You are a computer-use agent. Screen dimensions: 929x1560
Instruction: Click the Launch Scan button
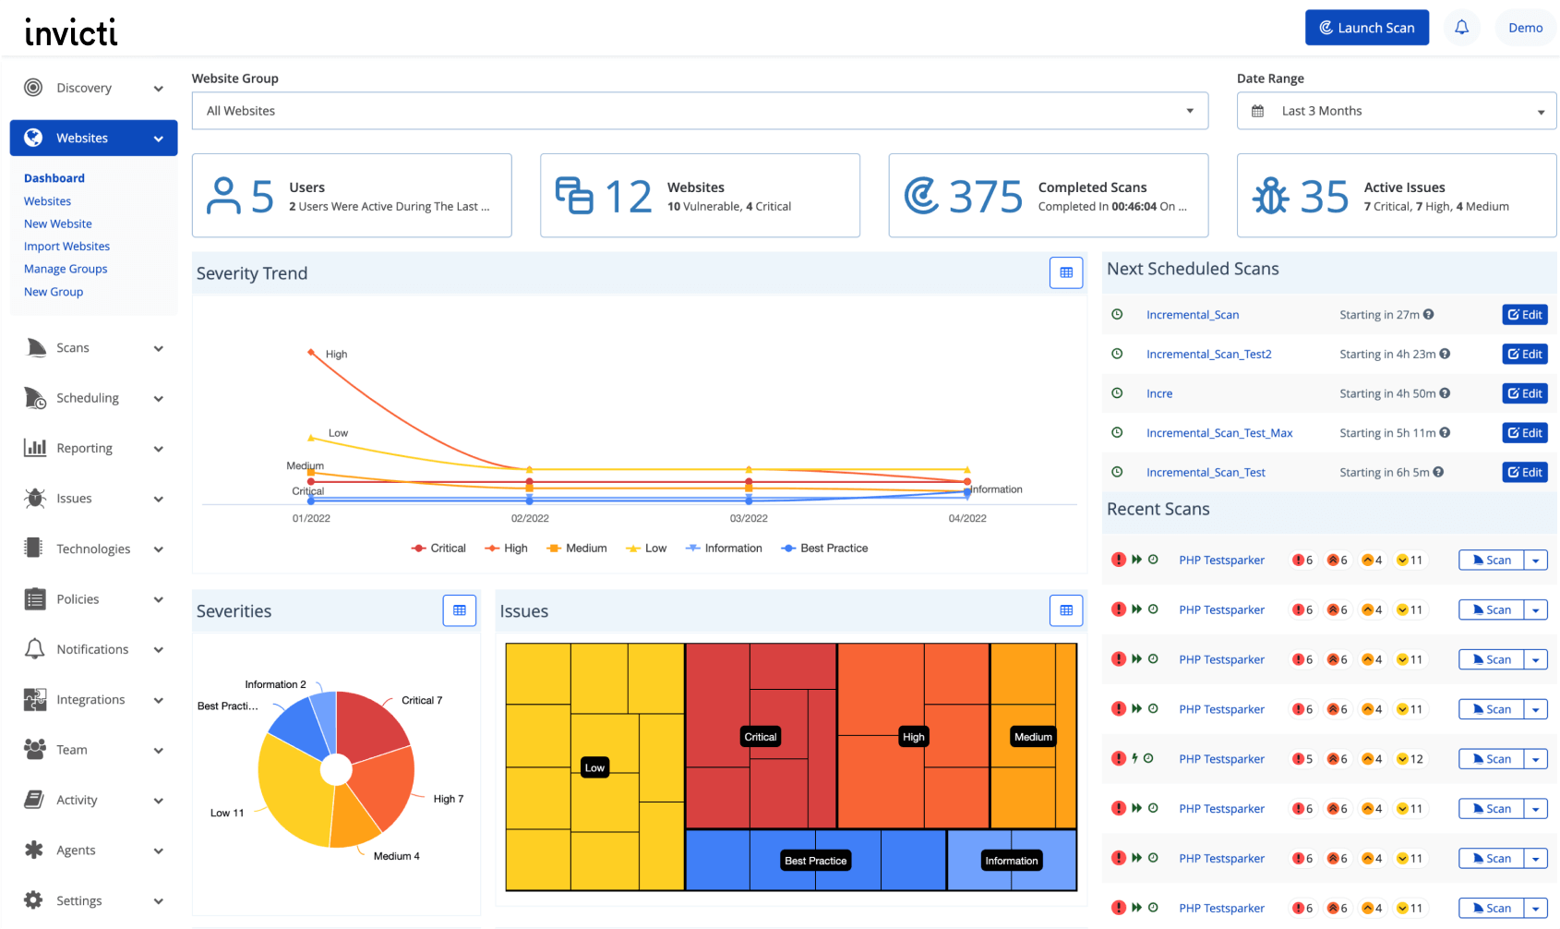click(1366, 28)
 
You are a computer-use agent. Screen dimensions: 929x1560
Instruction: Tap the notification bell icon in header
click(1461, 28)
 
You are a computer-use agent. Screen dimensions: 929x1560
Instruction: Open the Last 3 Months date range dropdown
click(1396, 111)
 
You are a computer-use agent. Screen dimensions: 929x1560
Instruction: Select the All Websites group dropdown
click(699, 111)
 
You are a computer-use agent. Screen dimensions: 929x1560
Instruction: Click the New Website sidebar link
click(58, 223)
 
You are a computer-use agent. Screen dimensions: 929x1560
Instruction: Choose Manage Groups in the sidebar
click(66, 269)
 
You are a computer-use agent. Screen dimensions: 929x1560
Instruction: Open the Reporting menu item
click(84, 448)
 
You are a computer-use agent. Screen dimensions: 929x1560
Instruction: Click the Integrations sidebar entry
click(90, 700)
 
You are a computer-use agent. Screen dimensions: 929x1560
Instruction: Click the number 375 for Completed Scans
click(985, 196)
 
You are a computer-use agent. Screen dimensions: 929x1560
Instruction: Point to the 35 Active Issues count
click(1324, 196)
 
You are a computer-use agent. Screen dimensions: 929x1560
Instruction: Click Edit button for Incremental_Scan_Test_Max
click(1524, 433)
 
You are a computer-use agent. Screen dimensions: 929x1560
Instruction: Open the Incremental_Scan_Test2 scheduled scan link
click(1208, 355)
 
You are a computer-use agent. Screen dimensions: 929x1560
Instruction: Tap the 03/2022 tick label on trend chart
click(749, 519)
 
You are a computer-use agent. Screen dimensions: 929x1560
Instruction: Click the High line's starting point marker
click(311, 352)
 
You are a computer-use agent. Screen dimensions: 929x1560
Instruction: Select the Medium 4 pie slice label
click(396, 856)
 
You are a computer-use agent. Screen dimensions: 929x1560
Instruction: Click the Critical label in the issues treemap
click(761, 737)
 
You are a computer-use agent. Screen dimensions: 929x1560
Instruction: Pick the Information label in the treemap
click(1011, 861)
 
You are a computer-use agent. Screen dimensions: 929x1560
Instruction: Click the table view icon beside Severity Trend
click(1066, 272)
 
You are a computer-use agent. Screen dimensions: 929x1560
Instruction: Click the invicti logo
click(71, 32)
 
